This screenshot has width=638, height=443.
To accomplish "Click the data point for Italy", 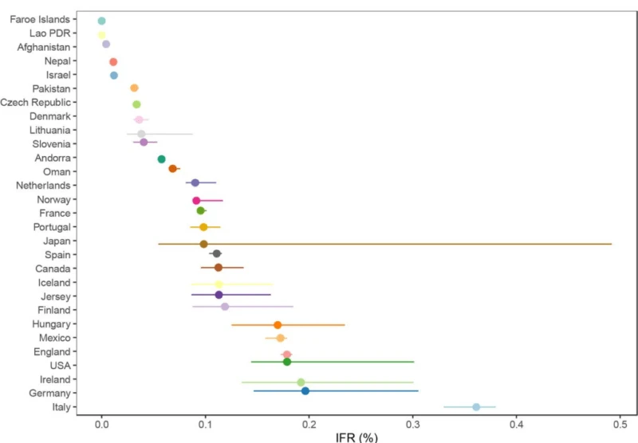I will tap(476, 407).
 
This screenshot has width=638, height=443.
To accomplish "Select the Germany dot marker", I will tap(305, 391).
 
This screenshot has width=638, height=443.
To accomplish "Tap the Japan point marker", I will tap(203, 244).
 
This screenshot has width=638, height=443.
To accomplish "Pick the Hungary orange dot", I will tap(278, 325).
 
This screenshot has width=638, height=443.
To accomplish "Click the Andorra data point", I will tap(162, 159).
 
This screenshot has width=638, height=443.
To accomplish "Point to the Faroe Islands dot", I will tap(101, 21).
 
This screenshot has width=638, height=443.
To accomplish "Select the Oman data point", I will tap(172, 169).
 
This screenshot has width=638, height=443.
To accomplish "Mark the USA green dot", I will tap(287, 363).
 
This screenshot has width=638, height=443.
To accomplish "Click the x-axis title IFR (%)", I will tap(356, 437).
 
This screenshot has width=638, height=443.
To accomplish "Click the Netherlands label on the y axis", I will tap(43, 186).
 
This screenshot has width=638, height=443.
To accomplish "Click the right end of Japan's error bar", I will tap(612, 244).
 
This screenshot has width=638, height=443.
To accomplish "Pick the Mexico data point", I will tap(280, 338).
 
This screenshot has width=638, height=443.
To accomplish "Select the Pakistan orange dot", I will tap(134, 88).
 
